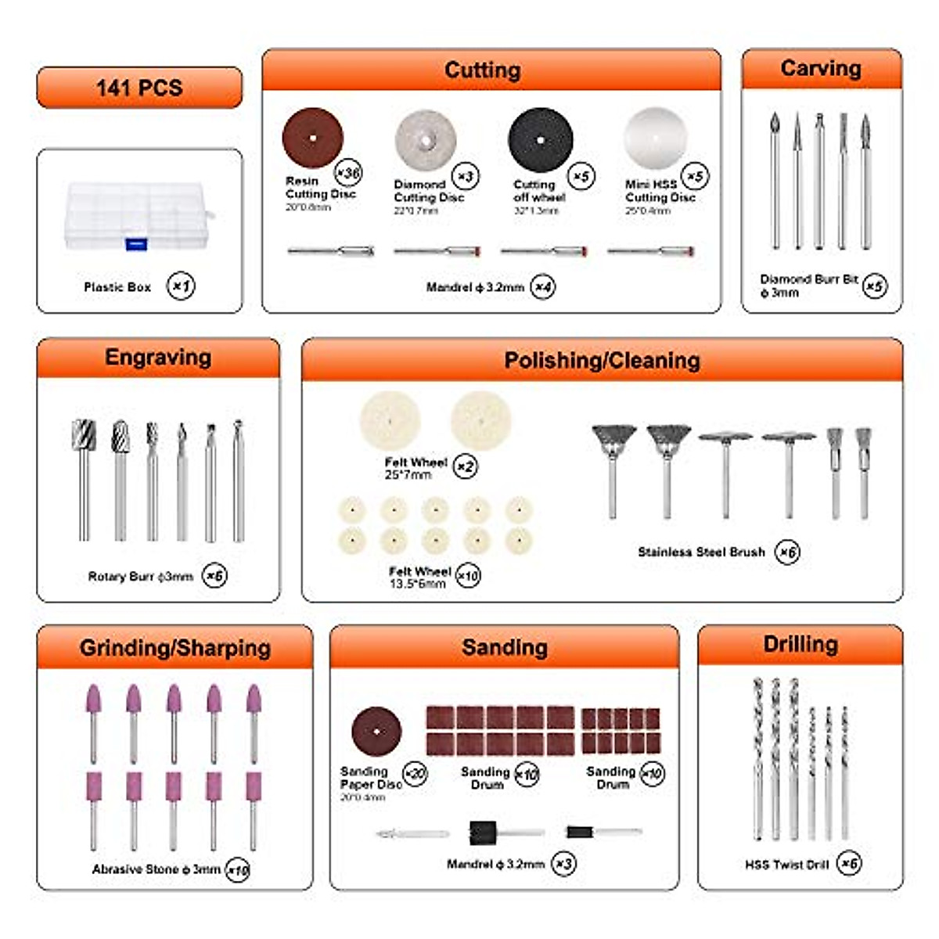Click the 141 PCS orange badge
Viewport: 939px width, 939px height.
[x=139, y=87]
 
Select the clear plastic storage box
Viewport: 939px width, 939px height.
[x=139, y=216]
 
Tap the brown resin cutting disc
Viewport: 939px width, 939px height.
[x=312, y=138]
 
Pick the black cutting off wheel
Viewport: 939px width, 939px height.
[x=540, y=139]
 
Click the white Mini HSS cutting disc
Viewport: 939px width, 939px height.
[x=655, y=138]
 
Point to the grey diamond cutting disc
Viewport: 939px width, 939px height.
[x=425, y=140]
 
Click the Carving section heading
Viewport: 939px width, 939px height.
[x=821, y=69]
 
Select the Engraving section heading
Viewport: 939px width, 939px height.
[x=158, y=358]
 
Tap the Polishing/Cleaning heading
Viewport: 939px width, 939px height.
[x=602, y=361]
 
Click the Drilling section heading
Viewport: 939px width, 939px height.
[x=800, y=644]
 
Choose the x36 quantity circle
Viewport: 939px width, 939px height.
[x=347, y=172]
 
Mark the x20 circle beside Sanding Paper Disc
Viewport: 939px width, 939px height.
[x=415, y=774]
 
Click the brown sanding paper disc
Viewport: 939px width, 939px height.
[x=376, y=732]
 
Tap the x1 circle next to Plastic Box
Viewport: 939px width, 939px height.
[x=181, y=286]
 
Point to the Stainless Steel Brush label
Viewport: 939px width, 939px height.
[x=701, y=552]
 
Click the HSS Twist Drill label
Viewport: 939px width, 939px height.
[x=786, y=865]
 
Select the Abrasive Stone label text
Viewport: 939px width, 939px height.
[x=156, y=869]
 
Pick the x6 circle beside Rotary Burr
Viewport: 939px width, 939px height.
[x=214, y=576]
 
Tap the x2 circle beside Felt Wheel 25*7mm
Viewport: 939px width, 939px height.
[x=466, y=467]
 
